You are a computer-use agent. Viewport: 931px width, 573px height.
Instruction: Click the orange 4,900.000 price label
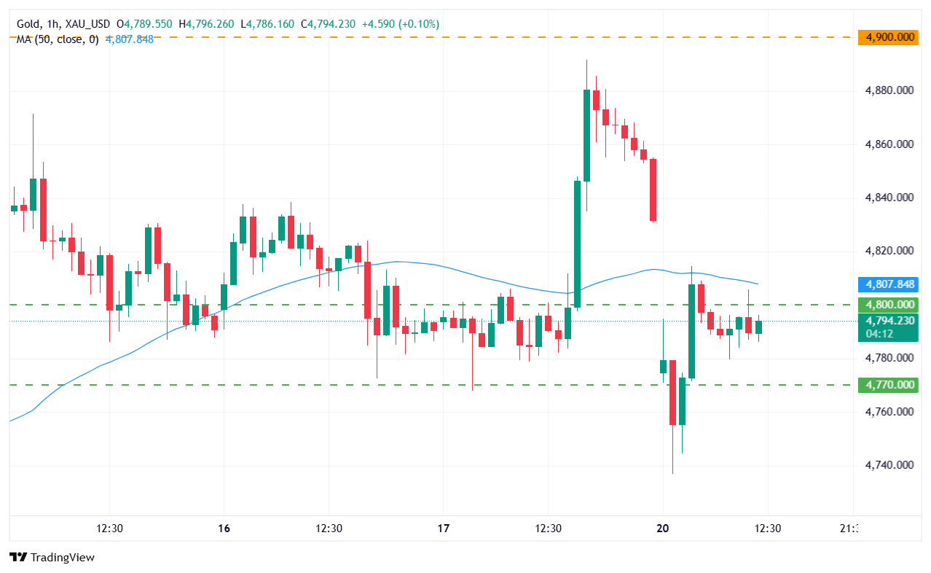click(887, 37)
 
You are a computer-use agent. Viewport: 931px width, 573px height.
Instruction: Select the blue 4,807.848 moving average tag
click(887, 284)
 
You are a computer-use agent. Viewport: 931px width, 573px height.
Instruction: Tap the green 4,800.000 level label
click(887, 305)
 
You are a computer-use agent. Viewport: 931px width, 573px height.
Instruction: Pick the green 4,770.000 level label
click(887, 385)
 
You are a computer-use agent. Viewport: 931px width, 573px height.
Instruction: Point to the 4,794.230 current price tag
click(887, 321)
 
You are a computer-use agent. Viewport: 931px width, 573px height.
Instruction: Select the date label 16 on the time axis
click(224, 528)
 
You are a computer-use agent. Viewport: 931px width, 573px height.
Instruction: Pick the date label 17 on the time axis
click(444, 528)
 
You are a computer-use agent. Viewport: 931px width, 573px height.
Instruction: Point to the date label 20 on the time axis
click(663, 528)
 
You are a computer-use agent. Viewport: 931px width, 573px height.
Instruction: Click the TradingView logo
click(52, 558)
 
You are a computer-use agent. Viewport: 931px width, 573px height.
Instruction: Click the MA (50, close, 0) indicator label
click(59, 39)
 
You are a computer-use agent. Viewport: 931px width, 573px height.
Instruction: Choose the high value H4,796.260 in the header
click(206, 24)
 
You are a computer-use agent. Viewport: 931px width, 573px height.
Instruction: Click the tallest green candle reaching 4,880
click(586, 135)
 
